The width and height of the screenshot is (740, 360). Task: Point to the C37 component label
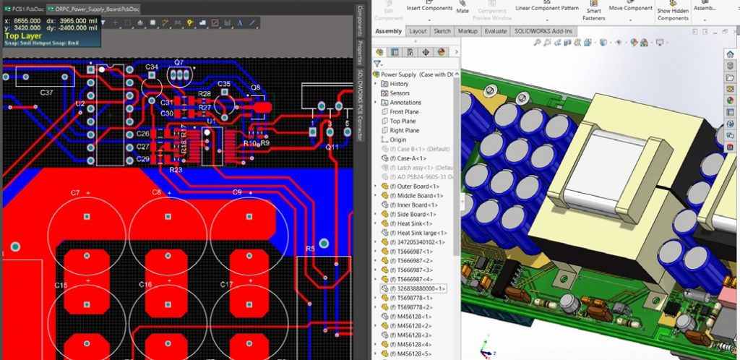pyautogui.click(x=46, y=93)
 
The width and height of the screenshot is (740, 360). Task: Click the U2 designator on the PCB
pyautogui.click(x=79, y=104)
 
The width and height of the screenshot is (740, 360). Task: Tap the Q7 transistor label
pyautogui.click(x=178, y=62)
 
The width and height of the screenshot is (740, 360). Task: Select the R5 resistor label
pyautogui.click(x=310, y=249)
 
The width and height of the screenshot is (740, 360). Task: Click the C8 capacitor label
pyautogui.click(x=156, y=192)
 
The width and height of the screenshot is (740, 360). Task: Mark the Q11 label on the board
pyautogui.click(x=332, y=147)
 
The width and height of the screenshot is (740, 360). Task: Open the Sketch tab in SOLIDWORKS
pyautogui.click(x=442, y=32)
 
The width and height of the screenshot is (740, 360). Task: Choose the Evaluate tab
pyautogui.click(x=496, y=32)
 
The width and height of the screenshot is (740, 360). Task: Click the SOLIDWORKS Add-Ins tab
pyautogui.click(x=543, y=32)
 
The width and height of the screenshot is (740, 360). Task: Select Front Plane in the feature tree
pyautogui.click(x=404, y=112)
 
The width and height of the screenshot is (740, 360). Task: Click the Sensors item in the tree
pyautogui.click(x=400, y=93)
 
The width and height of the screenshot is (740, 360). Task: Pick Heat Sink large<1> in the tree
pyautogui.click(x=419, y=233)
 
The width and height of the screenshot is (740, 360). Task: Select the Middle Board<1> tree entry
pyautogui.click(x=420, y=196)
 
